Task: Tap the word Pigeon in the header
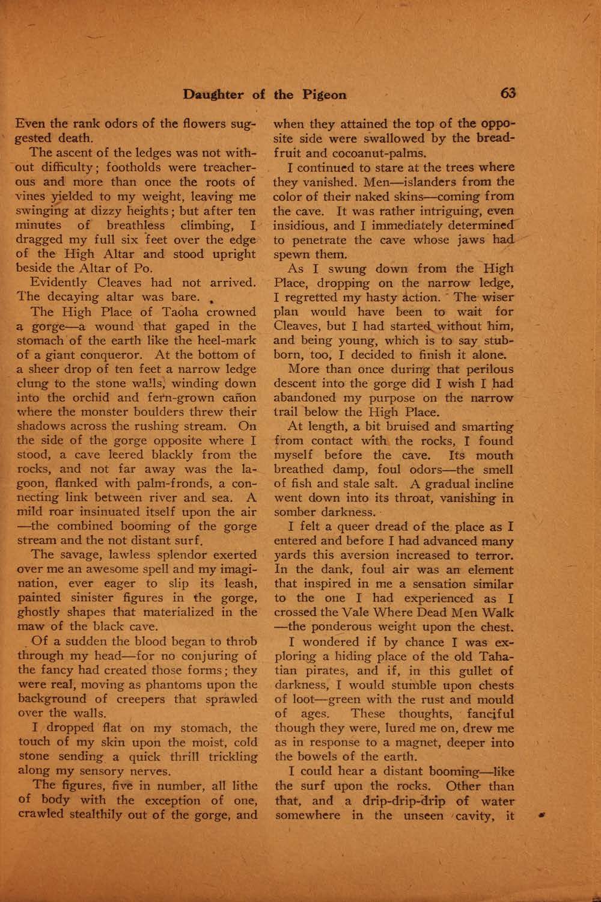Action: point(324,94)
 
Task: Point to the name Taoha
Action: point(182,312)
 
